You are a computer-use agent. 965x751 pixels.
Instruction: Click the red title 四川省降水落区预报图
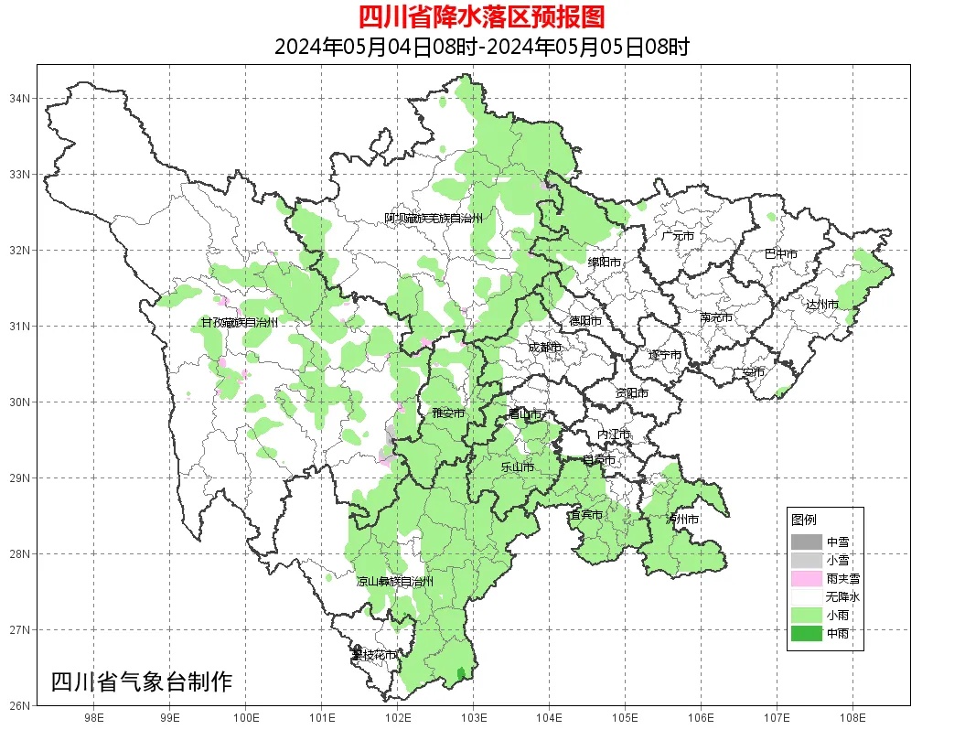pos(481,16)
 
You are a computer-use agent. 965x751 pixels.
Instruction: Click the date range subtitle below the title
pos(481,47)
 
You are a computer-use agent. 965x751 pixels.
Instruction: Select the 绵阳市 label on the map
pos(604,263)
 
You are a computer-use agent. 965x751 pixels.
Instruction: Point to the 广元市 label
pos(678,236)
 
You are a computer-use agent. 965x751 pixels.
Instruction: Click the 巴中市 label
pos(780,254)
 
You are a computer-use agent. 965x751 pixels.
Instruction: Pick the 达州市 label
pos(821,304)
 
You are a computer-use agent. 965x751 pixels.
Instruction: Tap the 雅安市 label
pos(448,413)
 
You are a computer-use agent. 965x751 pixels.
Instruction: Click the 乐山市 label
pos(517,467)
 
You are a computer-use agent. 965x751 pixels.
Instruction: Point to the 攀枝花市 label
pos(374,655)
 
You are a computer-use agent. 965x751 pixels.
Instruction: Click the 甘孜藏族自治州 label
pos(239,323)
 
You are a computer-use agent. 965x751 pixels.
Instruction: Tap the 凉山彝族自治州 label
pos(394,582)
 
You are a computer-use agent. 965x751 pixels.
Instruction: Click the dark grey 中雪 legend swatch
pos(806,542)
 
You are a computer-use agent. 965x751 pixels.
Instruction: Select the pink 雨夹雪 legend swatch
pos(806,578)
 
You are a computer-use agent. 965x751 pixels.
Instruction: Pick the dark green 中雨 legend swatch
pos(806,633)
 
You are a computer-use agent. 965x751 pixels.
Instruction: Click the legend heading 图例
pos(803,520)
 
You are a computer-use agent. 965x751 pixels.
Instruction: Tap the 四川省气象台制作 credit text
pos(142,681)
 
